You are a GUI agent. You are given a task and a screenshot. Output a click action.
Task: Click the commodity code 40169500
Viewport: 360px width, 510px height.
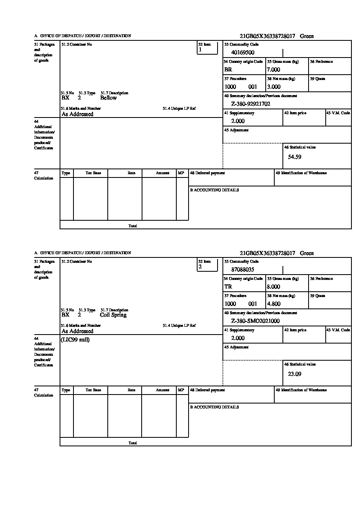pos(242,53)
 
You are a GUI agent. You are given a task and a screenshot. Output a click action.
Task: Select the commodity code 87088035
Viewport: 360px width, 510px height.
pos(242,270)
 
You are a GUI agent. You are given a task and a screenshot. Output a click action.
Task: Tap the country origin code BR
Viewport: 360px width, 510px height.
pos(228,70)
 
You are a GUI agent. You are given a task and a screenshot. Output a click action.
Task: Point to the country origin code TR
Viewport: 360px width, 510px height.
pos(228,287)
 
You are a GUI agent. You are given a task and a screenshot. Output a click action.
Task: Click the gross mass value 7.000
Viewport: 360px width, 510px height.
pos(273,70)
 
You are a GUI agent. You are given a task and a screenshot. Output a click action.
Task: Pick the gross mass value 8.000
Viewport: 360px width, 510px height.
pos(273,287)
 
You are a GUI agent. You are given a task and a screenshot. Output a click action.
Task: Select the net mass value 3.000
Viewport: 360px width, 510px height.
pos(273,87)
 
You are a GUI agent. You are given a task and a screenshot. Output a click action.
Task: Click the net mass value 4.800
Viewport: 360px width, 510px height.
pos(273,304)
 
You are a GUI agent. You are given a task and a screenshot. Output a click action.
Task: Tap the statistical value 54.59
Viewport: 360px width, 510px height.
pos(295,157)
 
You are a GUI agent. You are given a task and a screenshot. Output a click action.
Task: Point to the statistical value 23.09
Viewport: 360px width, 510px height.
pos(295,374)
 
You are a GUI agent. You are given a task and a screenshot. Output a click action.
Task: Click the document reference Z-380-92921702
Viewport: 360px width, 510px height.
pos(251,104)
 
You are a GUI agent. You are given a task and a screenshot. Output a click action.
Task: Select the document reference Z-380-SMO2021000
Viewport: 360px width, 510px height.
pos(255,321)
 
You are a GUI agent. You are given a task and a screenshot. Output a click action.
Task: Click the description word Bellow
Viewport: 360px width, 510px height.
pos(108,98)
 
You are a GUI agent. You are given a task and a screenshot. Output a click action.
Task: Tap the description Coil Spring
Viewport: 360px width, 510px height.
pos(113,315)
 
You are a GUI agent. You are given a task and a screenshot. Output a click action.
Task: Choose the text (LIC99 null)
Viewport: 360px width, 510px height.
pos(75,340)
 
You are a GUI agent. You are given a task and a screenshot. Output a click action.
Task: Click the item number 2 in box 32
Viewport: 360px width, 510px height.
pos(200,267)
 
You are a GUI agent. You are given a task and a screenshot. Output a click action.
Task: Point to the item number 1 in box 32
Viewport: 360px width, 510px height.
pos(200,50)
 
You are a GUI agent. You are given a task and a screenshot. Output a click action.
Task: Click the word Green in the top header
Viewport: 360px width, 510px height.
pos(307,36)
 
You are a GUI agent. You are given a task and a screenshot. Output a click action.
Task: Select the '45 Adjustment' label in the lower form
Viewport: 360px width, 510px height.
pos(236,347)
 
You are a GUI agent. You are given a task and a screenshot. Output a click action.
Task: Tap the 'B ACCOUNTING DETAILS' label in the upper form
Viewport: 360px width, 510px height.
pos(214,190)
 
